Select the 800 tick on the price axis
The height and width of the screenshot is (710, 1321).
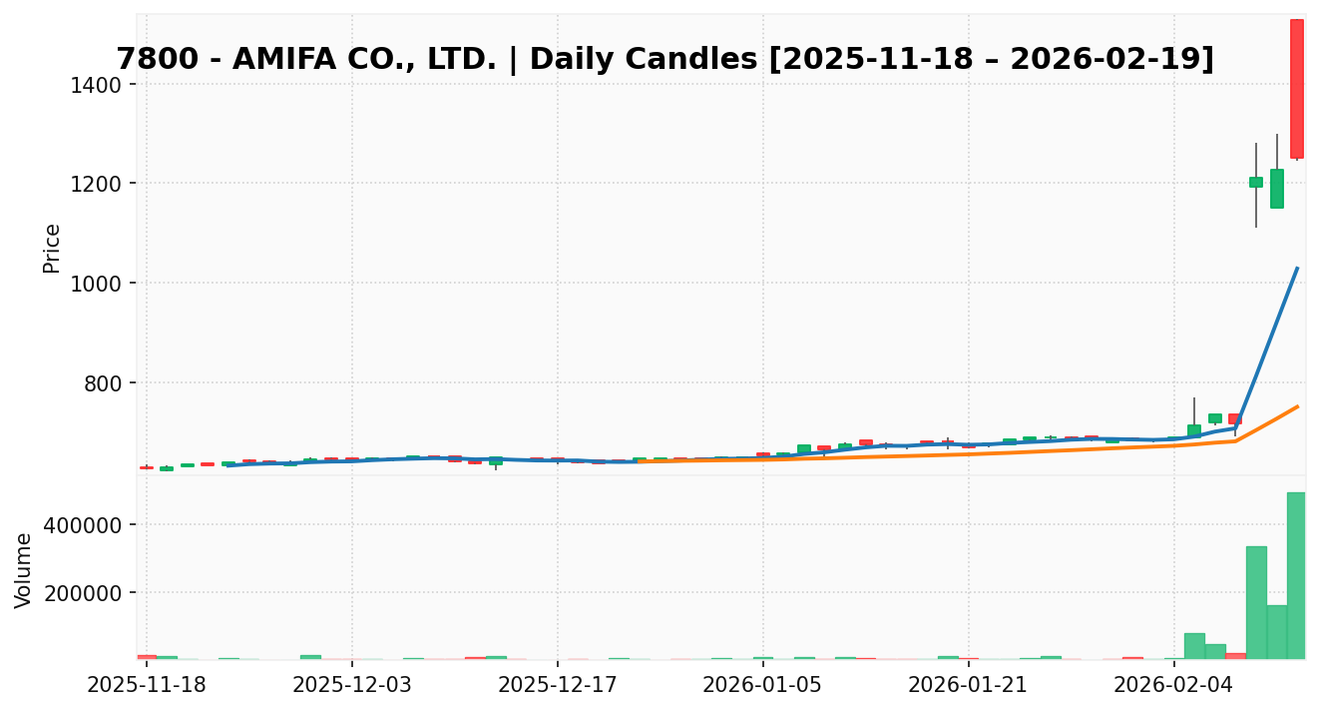pyautogui.click(x=105, y=384)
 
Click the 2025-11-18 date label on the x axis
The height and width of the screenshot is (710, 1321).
pyautogui.click(x=147, y=685)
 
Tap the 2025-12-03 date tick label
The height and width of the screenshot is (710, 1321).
pyautogui.click(x=351, y=685)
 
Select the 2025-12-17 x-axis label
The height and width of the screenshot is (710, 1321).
pyautogui.click(x=558, y=685)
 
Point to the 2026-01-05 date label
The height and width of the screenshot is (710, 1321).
pyautogui.click(x=762, y=685)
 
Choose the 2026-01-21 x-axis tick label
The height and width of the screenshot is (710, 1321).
pyautogui.click(x=968, y=685)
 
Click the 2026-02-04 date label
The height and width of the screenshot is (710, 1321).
pyautogui.click(x=1173, y=685)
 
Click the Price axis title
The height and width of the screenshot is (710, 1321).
pyautogui.click(x=52, y=248)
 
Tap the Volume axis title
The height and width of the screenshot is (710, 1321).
pyautogui.click(x=24, y=569)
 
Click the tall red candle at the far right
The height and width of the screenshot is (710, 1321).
pyautogui.click(x=1296, y=88)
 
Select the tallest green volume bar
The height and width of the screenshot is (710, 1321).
pyautogui.click(x=1296, y=575)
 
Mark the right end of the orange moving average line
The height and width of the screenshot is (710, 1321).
pyautogui.click(x=1297, y=406)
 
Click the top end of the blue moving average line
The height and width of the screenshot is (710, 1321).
pyautogui.click(x=1297, y=268)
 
